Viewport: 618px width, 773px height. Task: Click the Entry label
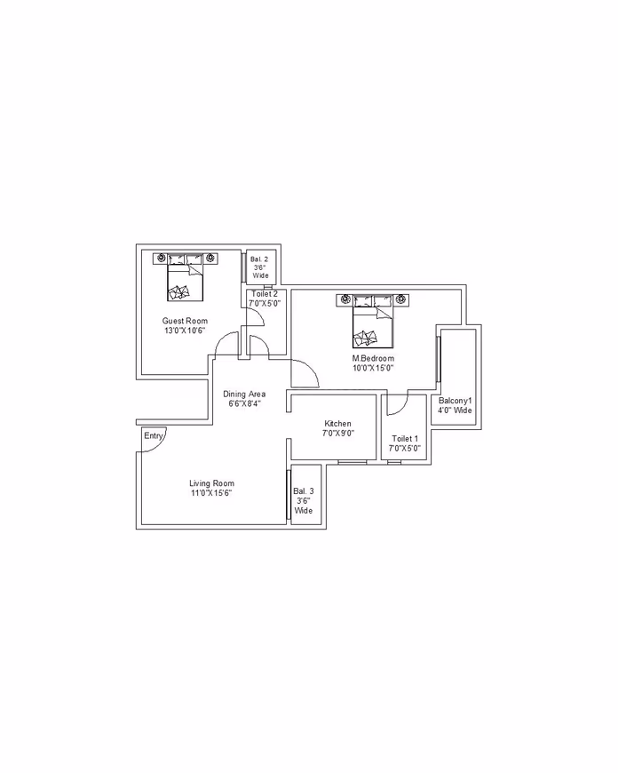click(x=154, y=435)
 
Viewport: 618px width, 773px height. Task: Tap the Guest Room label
click(x=185, y=321)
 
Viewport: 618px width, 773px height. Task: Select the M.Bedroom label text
click(x=373, y=358)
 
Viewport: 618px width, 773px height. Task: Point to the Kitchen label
click(x=337, y=424)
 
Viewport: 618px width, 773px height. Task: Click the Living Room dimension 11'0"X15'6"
click(x=211, y=493)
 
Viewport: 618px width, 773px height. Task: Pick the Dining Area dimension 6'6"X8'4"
click(x=244, y=403)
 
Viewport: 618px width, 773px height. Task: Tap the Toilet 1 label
click(x=405, y=438)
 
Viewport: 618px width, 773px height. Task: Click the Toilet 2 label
click(x=265, y=294)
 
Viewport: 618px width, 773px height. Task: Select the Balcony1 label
click(x=455, y=401)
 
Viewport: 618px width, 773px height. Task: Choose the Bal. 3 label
click(x=303, y=491)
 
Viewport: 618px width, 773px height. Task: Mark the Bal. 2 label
click(x=259, y=259)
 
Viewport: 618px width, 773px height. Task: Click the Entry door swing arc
click(x=162, y=444)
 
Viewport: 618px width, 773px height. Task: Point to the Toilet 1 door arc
click(x=403, y=408)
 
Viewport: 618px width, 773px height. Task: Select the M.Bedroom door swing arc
click(x=313, y=370)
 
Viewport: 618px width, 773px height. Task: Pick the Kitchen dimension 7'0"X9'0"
click(x=338, y=434)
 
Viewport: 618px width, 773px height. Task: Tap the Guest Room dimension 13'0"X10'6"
click(x=185, y=331)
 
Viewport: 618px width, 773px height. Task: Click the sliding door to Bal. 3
click(x=289, y=495)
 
